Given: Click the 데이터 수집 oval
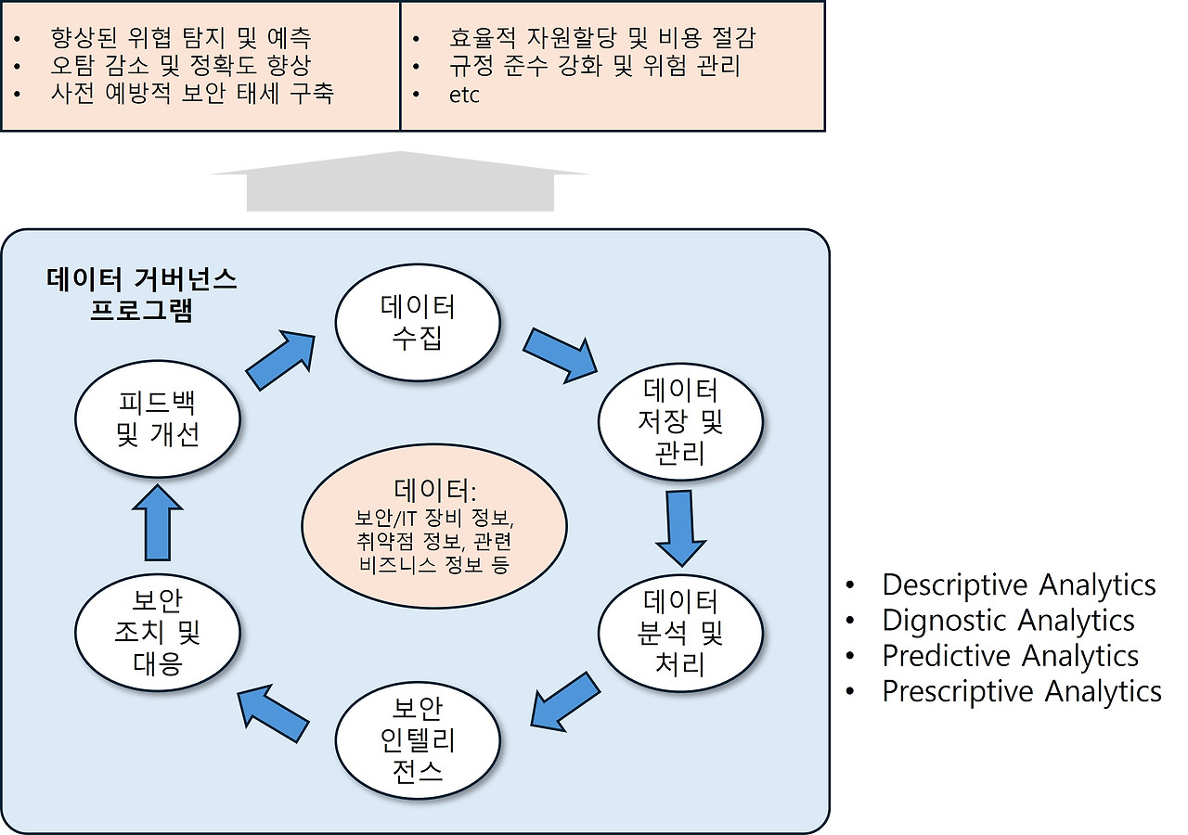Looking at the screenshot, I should [418, 321].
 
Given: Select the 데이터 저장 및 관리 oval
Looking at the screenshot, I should [680, 421].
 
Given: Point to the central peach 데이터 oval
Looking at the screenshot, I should [434, 525].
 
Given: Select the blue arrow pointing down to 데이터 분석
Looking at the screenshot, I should [680, 526].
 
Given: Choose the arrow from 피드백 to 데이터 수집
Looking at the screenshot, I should [281, 358].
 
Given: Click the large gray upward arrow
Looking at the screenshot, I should [400, 182].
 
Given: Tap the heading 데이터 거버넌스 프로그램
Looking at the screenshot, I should [141, 294].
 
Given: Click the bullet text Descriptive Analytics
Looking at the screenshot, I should [1018, 584].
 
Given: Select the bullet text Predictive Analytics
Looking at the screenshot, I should [1010, 655].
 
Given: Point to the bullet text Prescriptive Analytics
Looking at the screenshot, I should [1021, 691].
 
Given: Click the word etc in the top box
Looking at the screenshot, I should [464, 95].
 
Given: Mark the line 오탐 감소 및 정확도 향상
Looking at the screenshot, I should [181, 67].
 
